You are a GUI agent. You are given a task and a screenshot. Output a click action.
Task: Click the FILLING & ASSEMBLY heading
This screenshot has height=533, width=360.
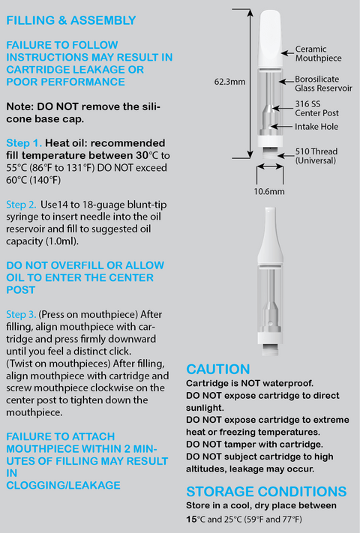pos(71,20)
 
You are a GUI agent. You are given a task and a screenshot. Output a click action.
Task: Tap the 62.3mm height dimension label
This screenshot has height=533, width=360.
pos(229,82)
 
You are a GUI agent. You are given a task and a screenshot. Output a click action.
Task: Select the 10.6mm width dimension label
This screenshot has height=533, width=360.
pos(269,191)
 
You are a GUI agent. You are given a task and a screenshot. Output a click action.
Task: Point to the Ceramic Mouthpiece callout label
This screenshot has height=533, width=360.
pos(318,54)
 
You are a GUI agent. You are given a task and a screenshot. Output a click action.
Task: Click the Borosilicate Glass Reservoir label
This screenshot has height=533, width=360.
pos(323,84)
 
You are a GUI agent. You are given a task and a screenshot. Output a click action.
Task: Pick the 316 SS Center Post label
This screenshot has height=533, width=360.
pos(316,109)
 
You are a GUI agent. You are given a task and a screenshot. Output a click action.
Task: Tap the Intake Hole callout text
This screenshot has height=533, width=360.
pos(316,127)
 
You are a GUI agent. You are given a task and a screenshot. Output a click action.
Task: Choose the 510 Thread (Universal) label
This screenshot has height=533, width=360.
pos(316,156)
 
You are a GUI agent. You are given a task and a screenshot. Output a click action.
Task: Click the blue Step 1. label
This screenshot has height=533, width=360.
pos(24,143)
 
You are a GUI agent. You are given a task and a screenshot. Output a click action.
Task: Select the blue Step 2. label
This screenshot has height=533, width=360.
pos(21,205)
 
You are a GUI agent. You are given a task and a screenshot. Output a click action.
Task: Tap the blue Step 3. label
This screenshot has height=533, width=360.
pos(21,314)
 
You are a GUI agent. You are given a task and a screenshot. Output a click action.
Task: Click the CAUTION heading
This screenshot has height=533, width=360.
pos(218,369)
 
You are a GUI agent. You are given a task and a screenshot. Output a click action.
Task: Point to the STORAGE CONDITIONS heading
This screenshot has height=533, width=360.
pos(266,492)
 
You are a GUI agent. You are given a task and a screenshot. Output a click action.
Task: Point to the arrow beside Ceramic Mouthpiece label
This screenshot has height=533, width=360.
pos(287,53)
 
